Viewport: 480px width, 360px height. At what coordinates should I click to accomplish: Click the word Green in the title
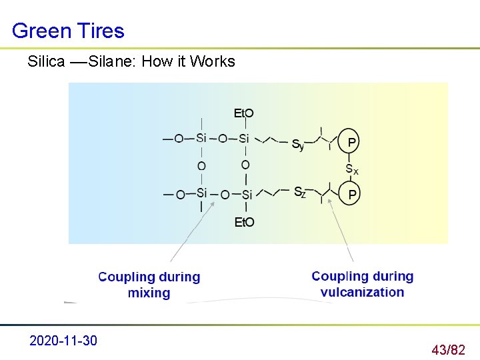(40, 31)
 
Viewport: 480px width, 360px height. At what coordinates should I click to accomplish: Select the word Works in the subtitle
(213, 61)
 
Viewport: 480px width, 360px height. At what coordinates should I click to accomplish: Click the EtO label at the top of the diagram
(243, 113)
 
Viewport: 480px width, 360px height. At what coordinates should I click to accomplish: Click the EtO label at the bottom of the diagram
(244, 222)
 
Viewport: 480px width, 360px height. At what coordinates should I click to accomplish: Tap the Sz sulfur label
(300, 193)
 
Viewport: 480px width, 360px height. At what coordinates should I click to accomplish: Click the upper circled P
(351, 142)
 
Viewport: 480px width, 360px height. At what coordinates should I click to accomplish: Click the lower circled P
(351, 194)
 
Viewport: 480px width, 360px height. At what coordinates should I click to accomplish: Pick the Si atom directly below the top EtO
(244, 139)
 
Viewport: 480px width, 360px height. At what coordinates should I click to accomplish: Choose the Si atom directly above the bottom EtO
(247, 194)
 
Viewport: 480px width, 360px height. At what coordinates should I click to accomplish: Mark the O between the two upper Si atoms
(223, 139)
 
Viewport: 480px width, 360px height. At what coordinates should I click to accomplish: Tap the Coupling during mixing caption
(149, 285)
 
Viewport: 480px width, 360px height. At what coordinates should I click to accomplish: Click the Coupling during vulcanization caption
(362, 284)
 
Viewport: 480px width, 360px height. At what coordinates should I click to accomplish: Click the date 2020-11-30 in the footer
(63, 341)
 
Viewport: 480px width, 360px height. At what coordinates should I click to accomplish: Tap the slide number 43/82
(448, 349)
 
